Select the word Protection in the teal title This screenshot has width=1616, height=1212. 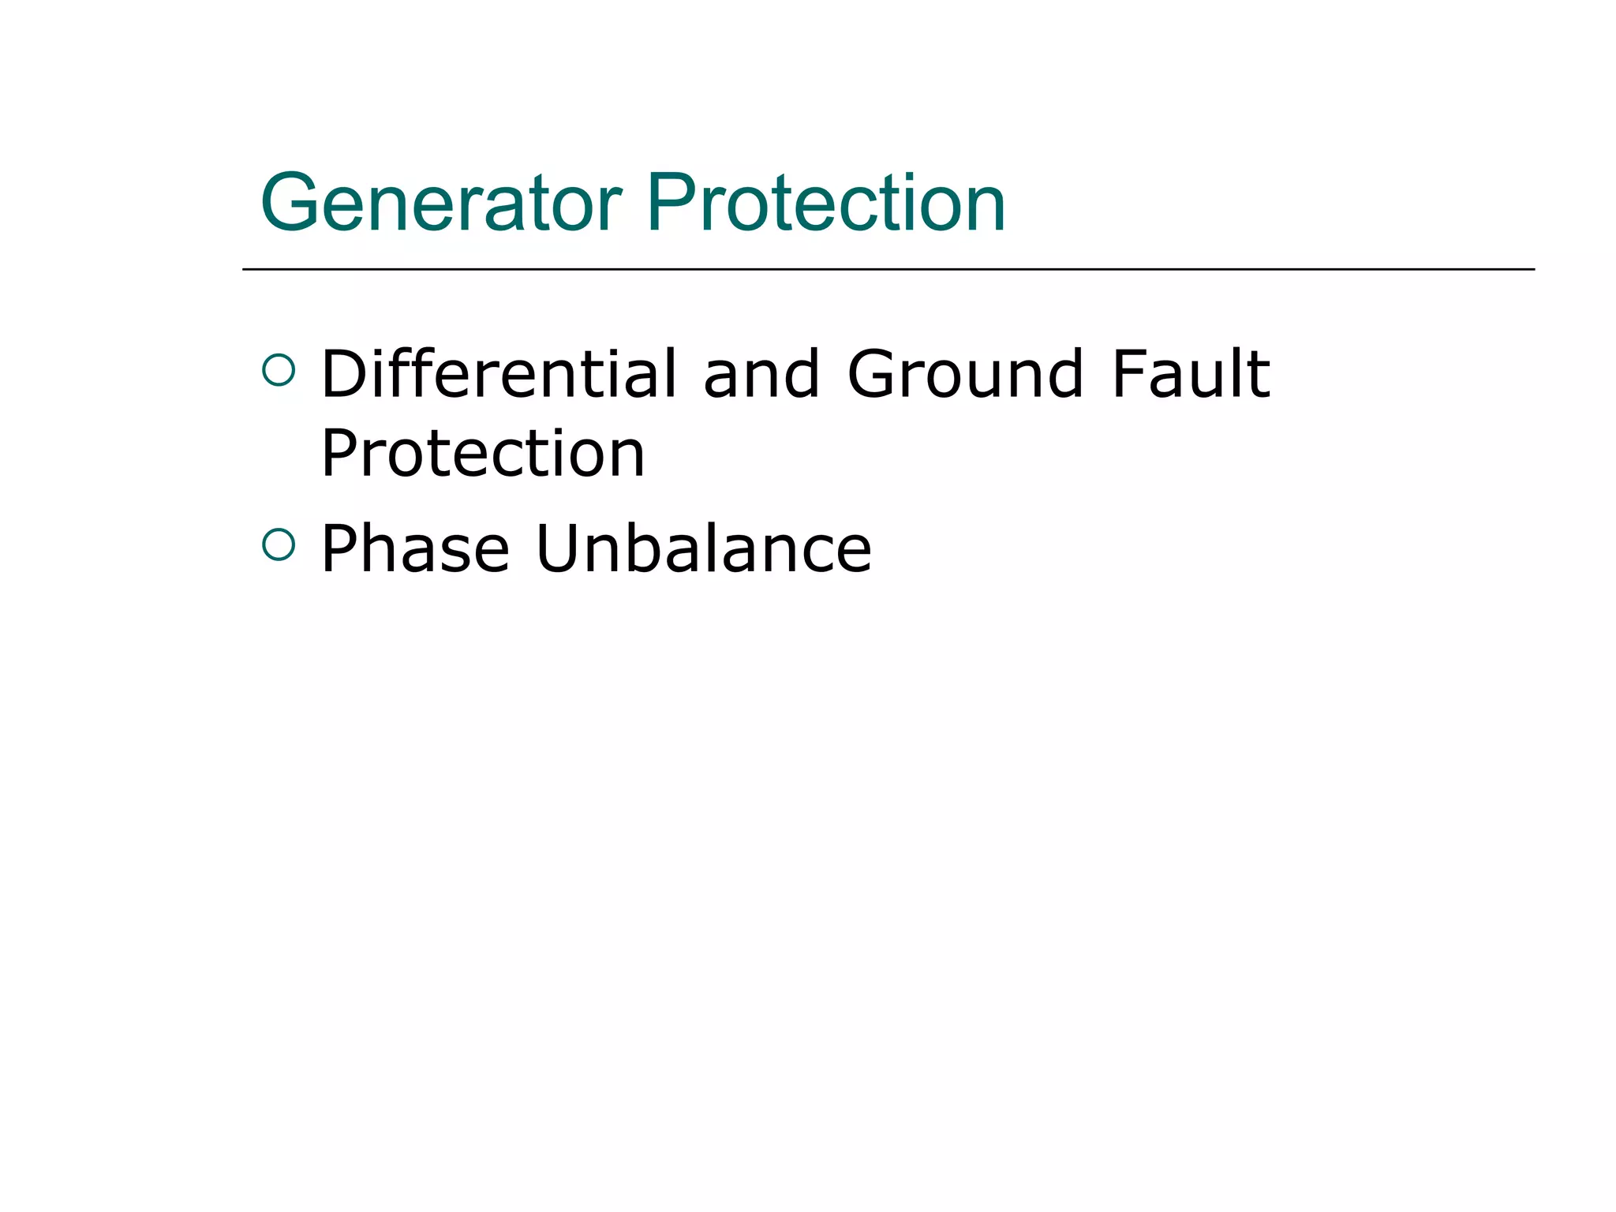(825, 203)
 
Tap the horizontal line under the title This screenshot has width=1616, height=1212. (888, 269)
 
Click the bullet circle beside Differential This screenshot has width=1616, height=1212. (279, 369)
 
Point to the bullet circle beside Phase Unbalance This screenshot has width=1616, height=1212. (279, 544)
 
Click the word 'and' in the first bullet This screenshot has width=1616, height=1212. (761, 375)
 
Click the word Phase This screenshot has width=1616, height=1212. (416, 548)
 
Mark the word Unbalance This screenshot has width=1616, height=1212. (704, 548)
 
